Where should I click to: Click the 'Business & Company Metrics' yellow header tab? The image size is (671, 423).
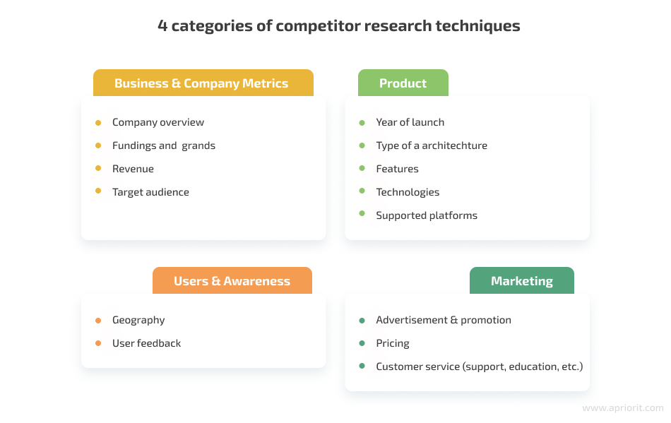201,83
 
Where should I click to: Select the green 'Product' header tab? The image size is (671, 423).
403,83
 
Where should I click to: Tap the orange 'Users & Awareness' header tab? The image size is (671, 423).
232,281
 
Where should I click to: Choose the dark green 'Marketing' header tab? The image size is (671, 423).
521,281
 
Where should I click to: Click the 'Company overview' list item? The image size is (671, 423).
158,122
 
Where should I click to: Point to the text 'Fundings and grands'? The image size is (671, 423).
163,145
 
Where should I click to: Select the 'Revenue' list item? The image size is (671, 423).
133,169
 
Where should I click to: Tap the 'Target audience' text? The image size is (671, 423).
150,192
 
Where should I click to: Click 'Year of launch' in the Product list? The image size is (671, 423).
410,122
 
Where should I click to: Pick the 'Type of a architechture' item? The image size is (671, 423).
431,145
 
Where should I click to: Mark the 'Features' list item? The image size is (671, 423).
397,169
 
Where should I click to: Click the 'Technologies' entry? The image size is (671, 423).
408,192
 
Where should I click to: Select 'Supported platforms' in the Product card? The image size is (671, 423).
427,215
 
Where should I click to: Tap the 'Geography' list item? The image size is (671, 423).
138,320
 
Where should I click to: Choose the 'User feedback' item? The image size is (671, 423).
146,343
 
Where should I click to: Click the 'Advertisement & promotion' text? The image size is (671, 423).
443,320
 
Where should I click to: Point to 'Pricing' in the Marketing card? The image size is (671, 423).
392,343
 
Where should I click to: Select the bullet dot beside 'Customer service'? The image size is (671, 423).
362,366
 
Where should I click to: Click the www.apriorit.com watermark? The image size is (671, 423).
622,408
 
